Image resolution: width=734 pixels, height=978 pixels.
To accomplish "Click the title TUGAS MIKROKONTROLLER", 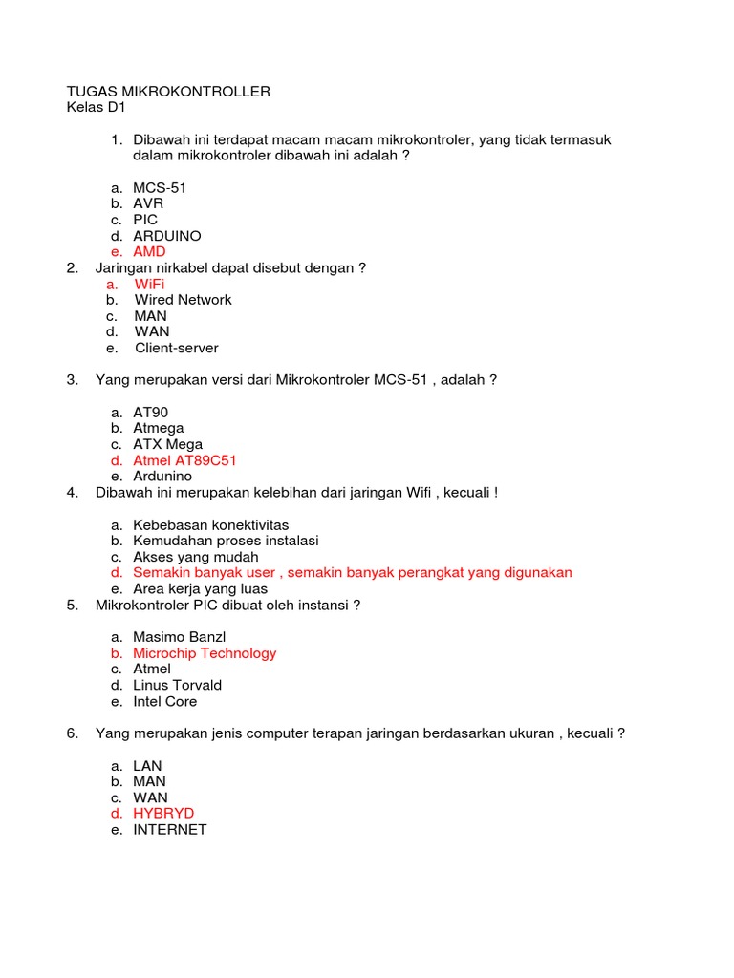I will [168, 92].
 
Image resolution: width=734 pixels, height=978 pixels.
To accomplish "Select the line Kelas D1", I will [97, 108].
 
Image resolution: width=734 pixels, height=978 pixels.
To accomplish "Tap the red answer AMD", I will [149, 252].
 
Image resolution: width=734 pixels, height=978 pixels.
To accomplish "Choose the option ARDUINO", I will [167, 236].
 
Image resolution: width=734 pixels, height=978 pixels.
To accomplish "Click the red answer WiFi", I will [149, 285].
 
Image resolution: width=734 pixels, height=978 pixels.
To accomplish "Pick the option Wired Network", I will [183, 300].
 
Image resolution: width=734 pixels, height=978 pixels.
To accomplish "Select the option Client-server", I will [176, 349].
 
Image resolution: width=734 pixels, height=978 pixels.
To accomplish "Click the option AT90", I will [150, 413].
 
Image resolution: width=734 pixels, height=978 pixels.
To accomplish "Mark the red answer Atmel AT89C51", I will [184, 460].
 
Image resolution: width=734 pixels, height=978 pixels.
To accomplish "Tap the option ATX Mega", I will [167, 445].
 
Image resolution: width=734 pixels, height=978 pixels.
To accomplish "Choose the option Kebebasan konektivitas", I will [210, 525].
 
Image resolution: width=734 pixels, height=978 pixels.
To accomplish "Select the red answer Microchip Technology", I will [205, 653].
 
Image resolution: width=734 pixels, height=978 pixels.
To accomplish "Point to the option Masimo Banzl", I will [179, 637].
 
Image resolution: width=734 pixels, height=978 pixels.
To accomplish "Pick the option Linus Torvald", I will [177, 686].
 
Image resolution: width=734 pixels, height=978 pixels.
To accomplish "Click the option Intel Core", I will [164, 702].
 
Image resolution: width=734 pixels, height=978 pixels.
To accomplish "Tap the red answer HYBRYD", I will [163, 814].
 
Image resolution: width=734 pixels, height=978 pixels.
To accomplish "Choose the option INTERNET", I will [170, 830].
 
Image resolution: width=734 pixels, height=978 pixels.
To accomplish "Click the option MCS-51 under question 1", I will [160, 188].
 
